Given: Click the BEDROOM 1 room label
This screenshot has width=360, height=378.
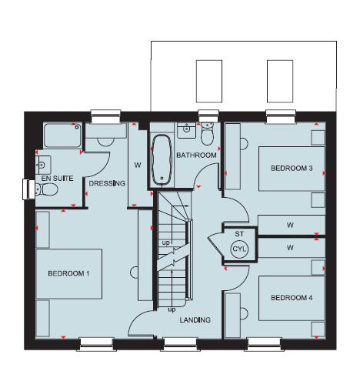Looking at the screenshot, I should (x=68, y=273).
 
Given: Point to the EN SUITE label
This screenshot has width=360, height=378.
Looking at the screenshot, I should (x=58, y=179).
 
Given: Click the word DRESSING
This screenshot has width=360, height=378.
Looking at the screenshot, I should (x=107, y=183).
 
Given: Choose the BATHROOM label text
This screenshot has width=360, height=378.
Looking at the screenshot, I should (x=195, y=156).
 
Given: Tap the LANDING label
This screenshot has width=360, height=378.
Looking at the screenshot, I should (x=195, y=319).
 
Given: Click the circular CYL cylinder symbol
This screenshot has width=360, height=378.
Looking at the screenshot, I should (x=239, y=249).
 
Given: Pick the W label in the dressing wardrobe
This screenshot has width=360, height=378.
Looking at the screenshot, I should (x=138, y=164).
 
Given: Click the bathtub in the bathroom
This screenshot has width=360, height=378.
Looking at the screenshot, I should (x=162, y=158).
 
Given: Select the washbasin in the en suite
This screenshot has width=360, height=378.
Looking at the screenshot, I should (x=42, y=162).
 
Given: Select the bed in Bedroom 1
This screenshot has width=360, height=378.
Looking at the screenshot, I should (x=69, y=273).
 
